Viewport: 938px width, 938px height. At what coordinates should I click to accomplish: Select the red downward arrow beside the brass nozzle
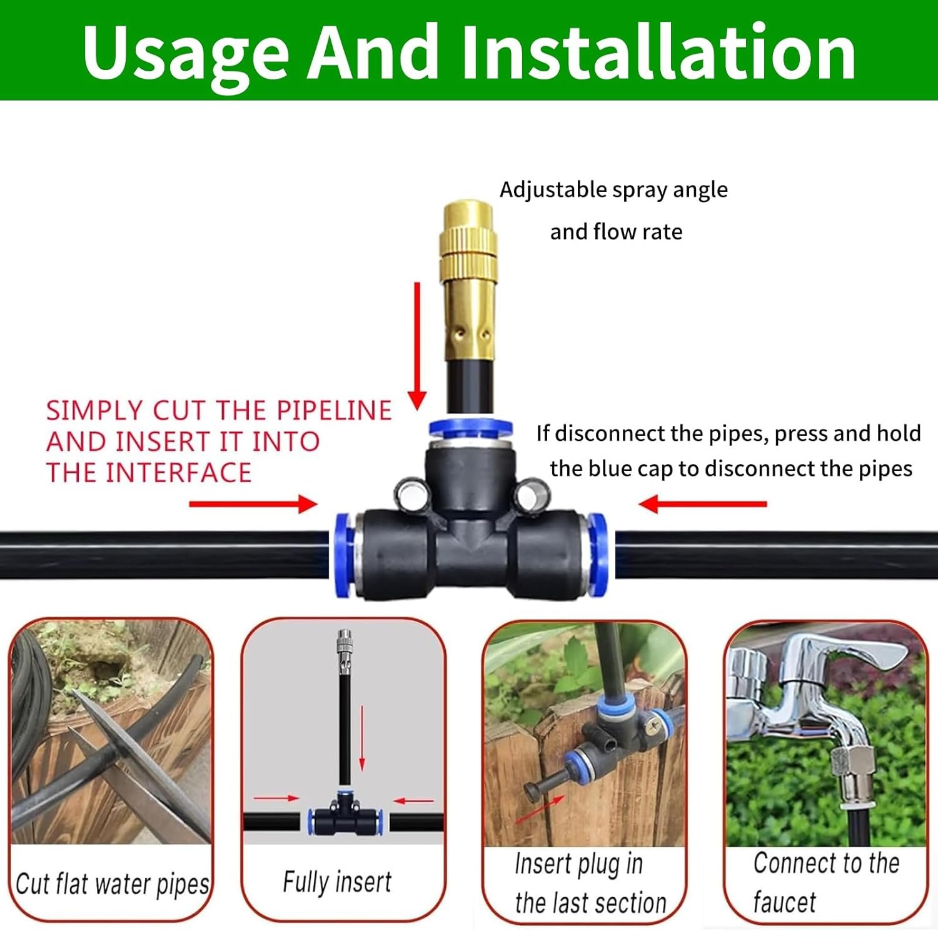click(417, 346)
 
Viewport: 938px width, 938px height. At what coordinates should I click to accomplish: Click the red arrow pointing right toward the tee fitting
click(253, 504)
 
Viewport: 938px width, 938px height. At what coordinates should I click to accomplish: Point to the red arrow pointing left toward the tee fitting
click(702, 504)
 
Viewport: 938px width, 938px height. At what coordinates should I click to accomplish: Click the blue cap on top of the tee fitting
click(470, 429)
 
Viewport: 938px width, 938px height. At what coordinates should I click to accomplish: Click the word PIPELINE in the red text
click(335, 411)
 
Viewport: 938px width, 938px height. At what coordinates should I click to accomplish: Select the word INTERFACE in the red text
click(178, 473)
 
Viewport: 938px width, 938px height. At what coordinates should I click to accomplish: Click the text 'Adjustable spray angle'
click(613, 190)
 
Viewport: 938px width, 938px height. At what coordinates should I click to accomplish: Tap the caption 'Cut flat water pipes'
click(113, 884)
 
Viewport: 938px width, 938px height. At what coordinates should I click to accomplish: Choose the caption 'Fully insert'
click(337, 882)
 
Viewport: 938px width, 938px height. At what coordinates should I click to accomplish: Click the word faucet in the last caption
click(785, 902)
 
